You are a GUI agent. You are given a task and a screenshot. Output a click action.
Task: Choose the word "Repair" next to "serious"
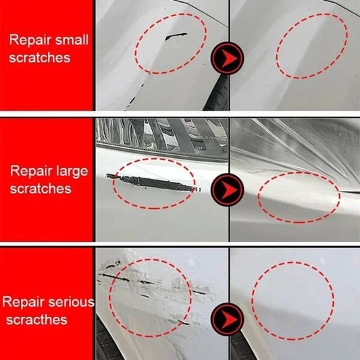[26, 301]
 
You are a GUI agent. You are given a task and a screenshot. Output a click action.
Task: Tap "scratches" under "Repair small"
[40, 58]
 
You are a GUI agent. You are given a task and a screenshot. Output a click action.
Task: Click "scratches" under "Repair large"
[41, 188]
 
